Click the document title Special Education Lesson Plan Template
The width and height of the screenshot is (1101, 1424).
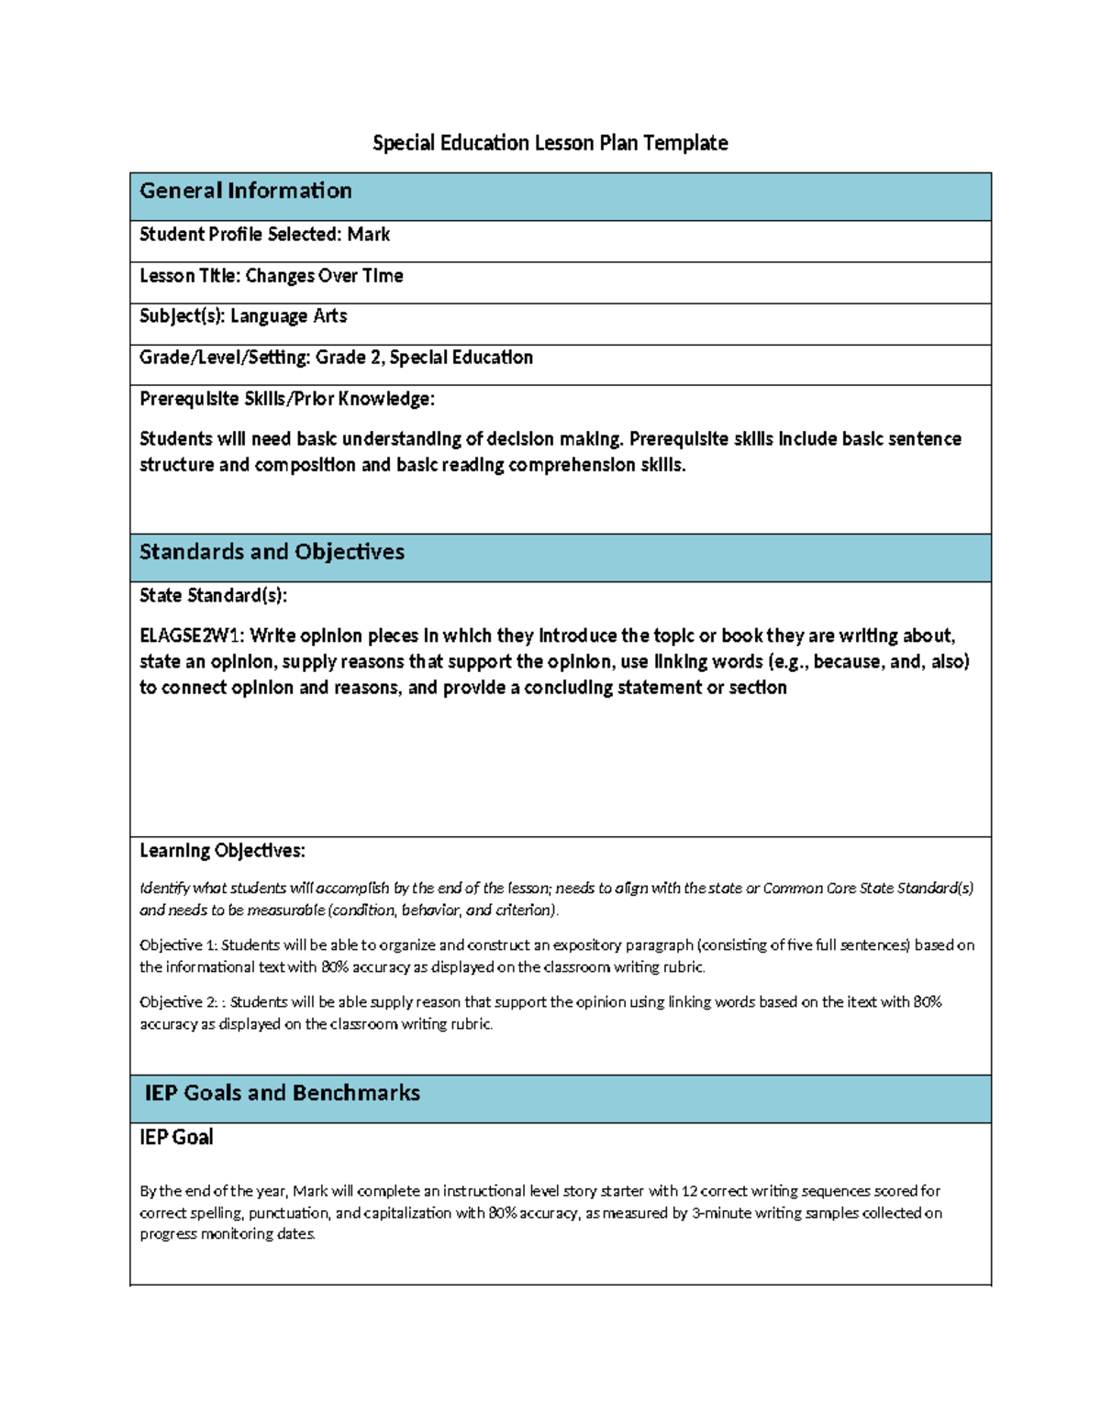[x=550, y=143]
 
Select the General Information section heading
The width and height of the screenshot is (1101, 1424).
[x=245, y=191]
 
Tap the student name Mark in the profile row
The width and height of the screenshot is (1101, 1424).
[x=369, y=235]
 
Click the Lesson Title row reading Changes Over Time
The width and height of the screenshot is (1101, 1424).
[x=271, y=276]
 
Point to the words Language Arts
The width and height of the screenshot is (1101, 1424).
[x=288, y=316]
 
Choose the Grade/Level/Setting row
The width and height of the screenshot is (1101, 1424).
[x=336, y=358]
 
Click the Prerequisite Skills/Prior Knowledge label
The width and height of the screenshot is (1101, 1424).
[x=286, y=399]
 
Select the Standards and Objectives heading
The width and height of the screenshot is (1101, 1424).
[x=272, y=552]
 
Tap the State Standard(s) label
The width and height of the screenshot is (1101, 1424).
[x=213, y=596]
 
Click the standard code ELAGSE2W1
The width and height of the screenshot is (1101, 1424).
[x=191, y=636]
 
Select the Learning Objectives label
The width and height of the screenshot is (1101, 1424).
[x=222, y=851]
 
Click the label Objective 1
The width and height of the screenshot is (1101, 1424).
[x=177, y=945]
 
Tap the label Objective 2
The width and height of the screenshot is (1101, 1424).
[x=177, y=1002]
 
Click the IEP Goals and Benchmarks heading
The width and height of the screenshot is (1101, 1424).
[x=282, y=1093]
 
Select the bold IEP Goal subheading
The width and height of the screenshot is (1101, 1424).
[x=176, y=1138]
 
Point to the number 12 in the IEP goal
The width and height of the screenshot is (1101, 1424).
[x=689, y=1191]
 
